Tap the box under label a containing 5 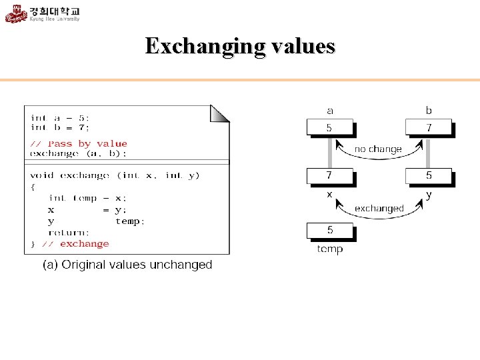(330, 127)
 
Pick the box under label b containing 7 (428, 127)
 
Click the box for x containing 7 (330, 176)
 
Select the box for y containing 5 (428, 176)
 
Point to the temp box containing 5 (330, 231)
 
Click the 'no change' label (378, 149)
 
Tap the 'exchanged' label (379, 209)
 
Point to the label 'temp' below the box (330, 249)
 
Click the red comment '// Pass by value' (79, 143)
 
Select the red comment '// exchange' (79, 244)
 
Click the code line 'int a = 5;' (60, 118)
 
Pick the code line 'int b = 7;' (60, 127)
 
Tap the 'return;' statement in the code (69, 233)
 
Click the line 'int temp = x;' (87, 198)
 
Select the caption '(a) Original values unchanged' (127, 265)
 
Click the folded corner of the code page (220, 113)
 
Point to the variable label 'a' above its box (330, 111)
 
